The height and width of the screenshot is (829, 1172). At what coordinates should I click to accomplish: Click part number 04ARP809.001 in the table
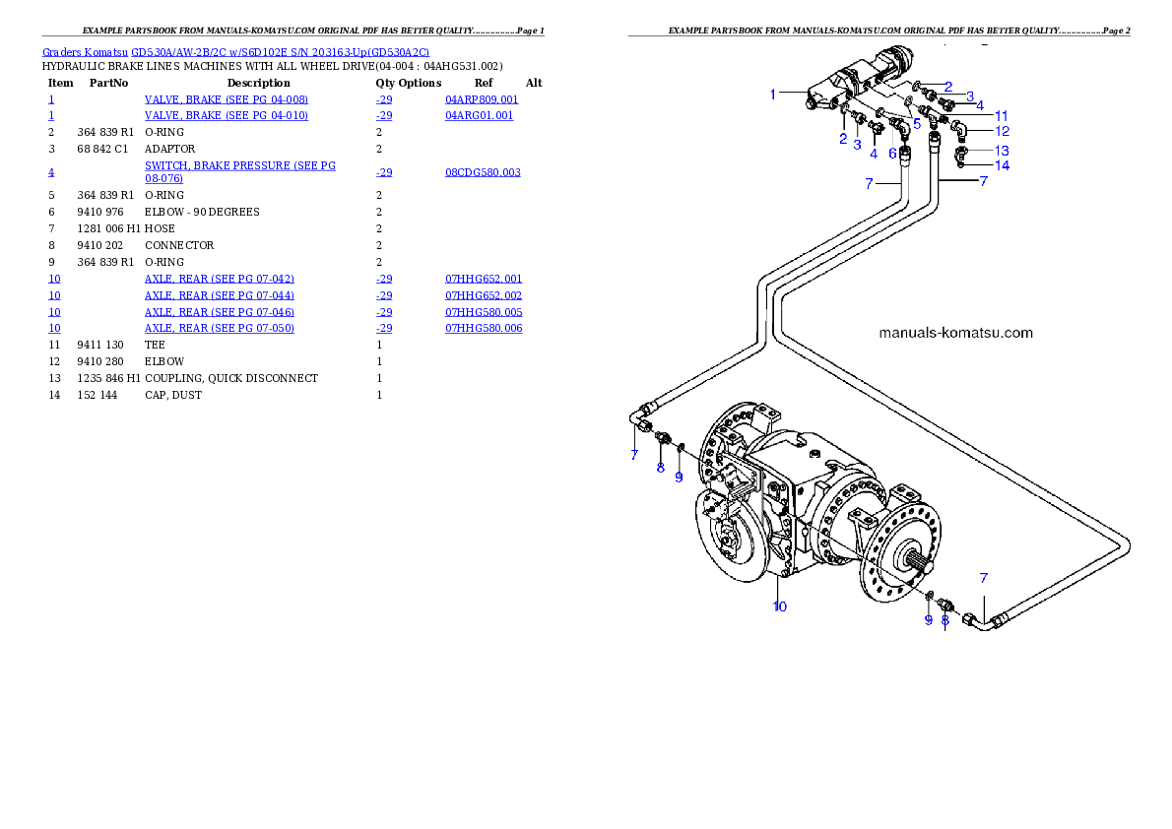pyautogui.click(x=482, y=100)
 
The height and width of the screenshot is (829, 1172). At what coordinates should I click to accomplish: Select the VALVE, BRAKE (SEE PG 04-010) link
pyautogui.click(x=226, y=116)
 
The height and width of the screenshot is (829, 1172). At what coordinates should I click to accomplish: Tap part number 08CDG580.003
pyautogui.click(x=483, y=172)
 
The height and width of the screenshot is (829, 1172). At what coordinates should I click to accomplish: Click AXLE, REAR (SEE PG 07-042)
pyautogui.click(x=219, y=280)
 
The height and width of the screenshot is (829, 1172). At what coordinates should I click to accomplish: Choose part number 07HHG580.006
pyautogui.click(x=484, y=329)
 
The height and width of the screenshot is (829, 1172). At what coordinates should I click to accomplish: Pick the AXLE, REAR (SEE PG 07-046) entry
pyautogui.click(x=219, y=312)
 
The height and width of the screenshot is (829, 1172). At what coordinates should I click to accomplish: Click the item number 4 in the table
pyautogui.click(x=51, y=172)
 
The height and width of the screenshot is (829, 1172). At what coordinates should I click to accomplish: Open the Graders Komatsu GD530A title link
pyautogui.click(x=235, y=51)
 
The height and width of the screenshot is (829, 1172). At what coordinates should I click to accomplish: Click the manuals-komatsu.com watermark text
pyautogui.click(x=955, y=333)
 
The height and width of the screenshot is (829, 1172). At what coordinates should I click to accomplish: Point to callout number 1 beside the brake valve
pyautogui.click(x=774, y=94)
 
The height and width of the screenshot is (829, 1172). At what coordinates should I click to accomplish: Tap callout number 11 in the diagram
pyautogui.click(x=1001, y=115)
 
